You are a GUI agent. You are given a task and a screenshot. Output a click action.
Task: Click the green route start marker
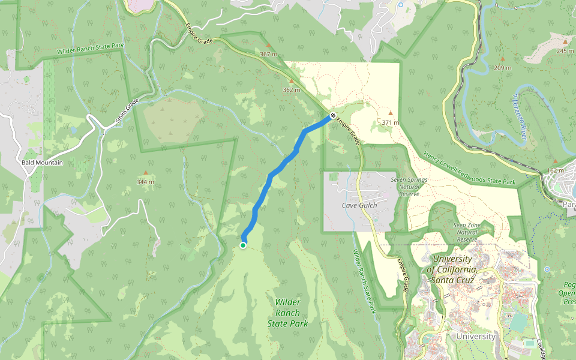(x=243, y=245)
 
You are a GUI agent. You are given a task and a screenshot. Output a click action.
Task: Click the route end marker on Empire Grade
(x=332, y=115)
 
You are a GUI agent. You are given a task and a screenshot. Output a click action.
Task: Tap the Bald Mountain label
(x=42, y=163)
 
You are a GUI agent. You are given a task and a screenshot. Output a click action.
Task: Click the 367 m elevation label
(x=268, y=55)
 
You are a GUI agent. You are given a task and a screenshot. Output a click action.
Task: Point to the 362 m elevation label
(x=291, y=90)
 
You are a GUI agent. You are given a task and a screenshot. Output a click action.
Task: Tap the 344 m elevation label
(x=145, y=182)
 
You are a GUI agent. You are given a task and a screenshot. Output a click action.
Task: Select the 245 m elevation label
(x=565, y=51)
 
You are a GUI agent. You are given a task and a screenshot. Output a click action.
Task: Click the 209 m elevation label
(x=502, y=67)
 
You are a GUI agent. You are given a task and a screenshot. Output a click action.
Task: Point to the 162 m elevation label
(x=556, y=170)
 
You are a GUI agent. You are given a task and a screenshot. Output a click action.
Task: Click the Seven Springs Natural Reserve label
(x=409, y=186)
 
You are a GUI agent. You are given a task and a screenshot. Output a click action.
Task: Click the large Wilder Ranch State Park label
(x=287, y=313)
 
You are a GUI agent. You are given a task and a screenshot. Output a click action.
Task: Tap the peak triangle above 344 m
(x=145, y=173)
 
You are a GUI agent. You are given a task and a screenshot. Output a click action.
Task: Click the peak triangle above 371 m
(x=390, y=113)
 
